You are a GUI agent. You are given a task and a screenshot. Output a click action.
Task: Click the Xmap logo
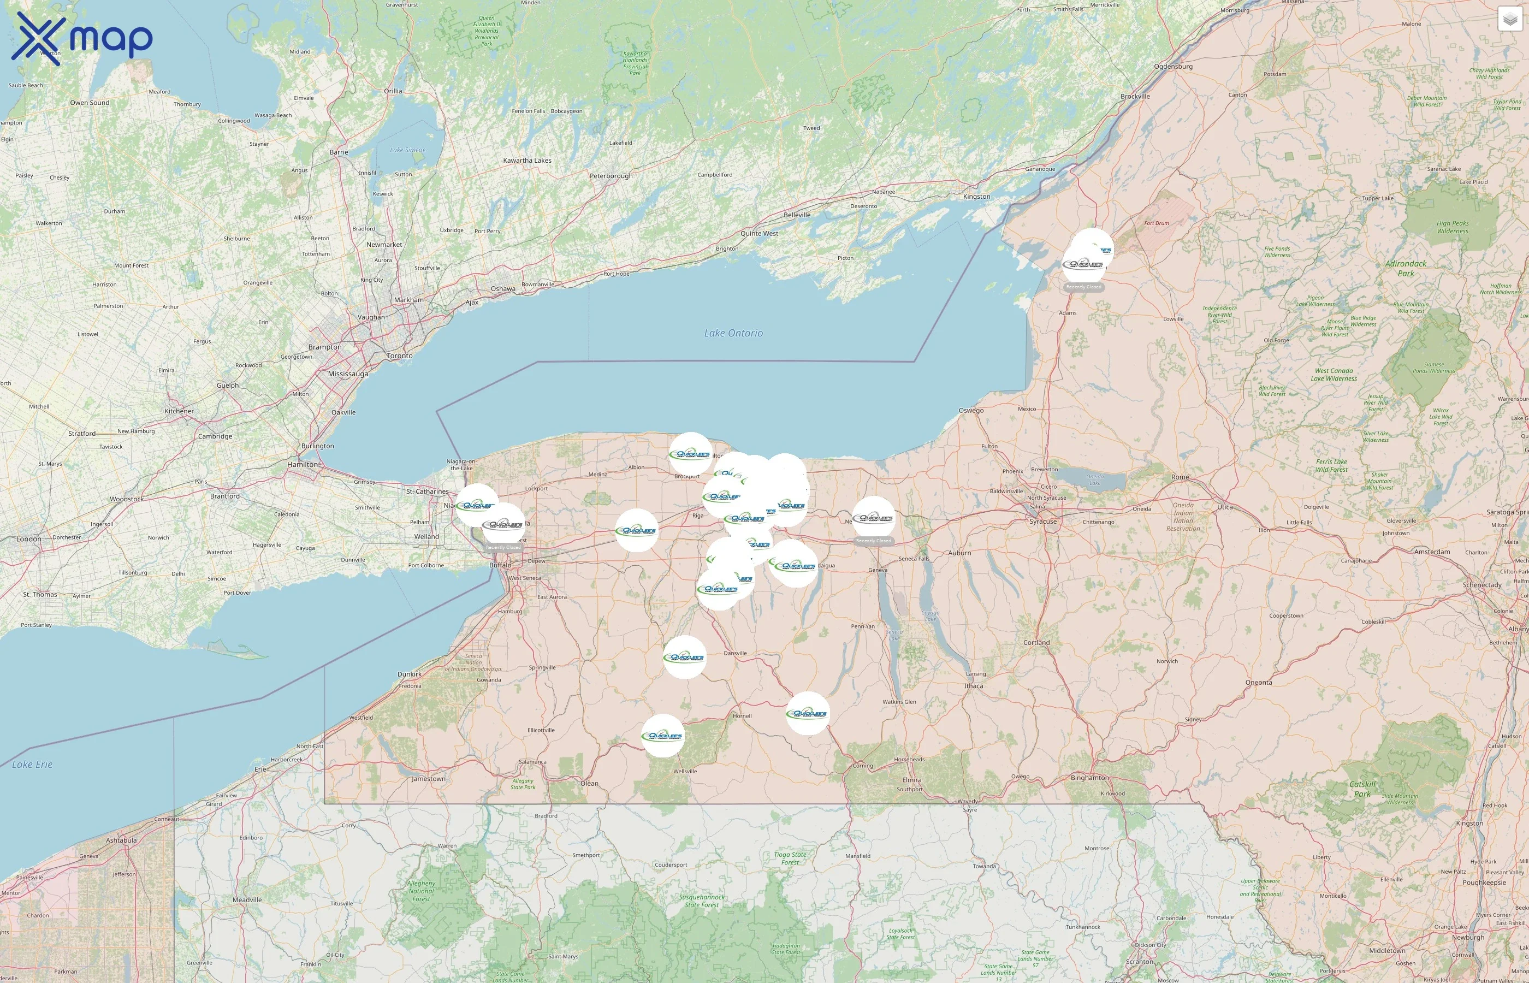coord(82,38)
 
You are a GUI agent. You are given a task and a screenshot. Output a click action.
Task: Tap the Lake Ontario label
coord(733,333)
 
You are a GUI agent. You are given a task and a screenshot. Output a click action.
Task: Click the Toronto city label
coord(400,356)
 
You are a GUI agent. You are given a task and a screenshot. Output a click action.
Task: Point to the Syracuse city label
coord(1043,522)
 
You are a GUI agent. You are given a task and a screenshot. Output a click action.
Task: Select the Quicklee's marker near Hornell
coord(807,713)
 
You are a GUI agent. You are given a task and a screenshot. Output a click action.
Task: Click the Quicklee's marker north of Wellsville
coord(662,735)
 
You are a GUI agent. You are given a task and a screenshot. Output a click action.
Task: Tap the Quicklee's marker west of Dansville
coord(684,657)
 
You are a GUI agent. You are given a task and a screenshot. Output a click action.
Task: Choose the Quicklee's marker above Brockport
coord(690,454)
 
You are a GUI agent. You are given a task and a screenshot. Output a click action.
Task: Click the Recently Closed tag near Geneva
coord(873,541)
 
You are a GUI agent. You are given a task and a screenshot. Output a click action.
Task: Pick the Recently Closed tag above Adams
coord(1083,287)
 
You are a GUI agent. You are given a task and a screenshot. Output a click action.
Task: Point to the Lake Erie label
coord(32,764)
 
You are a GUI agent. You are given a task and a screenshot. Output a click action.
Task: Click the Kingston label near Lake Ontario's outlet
coord(976,197)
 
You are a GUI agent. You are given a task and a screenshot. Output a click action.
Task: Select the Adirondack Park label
coord(1406,268)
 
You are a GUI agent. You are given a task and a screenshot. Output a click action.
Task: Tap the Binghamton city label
coord(1089,778)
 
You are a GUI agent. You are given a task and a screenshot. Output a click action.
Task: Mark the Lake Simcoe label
coord(408,150)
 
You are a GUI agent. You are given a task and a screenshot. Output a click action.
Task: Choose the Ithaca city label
coord(973,685)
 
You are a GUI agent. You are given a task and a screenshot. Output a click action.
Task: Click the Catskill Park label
coord(1362,789)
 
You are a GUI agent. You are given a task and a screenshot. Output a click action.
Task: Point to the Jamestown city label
coord(428,779)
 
